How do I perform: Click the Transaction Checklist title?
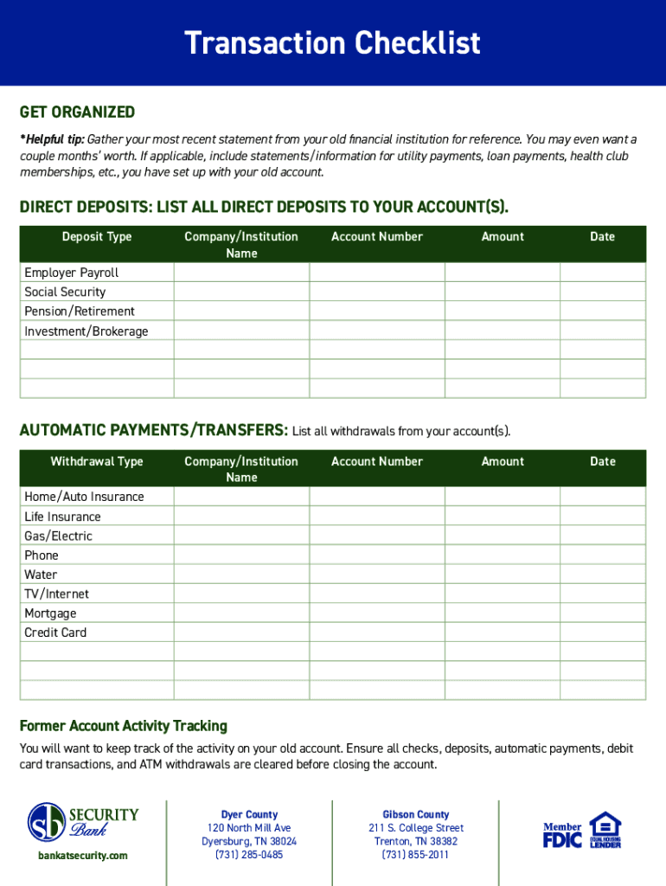pos(332,43)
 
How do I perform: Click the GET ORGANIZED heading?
pos(77,112)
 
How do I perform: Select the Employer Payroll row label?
pos(71,273)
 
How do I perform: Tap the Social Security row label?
pos(65,292)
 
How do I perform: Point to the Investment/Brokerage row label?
pos(86,331)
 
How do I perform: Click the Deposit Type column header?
pos(97,237)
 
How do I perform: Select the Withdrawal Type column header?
pos(97,462)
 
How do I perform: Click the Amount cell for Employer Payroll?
pos(503,273)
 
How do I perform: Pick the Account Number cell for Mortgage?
pos(377,613)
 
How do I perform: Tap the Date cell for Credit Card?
pos(602,632)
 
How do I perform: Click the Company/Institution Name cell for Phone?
pos(241,555)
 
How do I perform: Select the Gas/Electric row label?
pos(58,536)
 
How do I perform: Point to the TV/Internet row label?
pos(56,594)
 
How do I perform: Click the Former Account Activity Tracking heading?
pos(124,726)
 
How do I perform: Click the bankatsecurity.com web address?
pos(83,856)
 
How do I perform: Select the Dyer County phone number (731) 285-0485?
pos(249,855)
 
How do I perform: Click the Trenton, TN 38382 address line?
pos(416,841)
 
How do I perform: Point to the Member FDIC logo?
pos(562,834)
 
